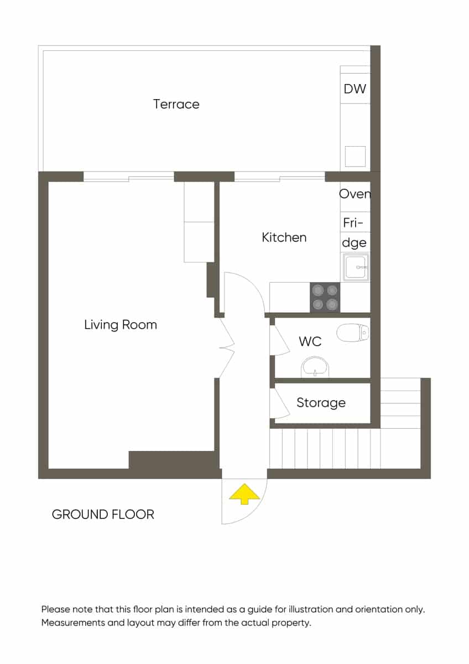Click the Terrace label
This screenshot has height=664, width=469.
(x=176, y=104)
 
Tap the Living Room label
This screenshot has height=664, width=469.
(x=120, y=324)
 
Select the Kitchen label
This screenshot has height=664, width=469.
(x=284, y=237)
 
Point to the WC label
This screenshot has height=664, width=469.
(x=310, y=341)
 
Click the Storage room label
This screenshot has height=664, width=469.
(x=321, y=403)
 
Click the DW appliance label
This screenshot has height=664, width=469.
(x=355, y=89)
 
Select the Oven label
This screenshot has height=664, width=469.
(x=355, y=194)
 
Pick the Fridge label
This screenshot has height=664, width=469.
(x=355, y=232)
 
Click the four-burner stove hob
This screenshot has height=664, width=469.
(x=325, y=297)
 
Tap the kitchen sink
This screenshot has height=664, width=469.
(x=356, y=267)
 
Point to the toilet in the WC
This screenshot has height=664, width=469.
(x=352, y=333)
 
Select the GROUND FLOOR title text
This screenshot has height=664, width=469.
(x=103, y=515)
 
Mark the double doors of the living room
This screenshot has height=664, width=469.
(x=227, y=348)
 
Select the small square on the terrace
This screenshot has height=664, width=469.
(x=355, y=156)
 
